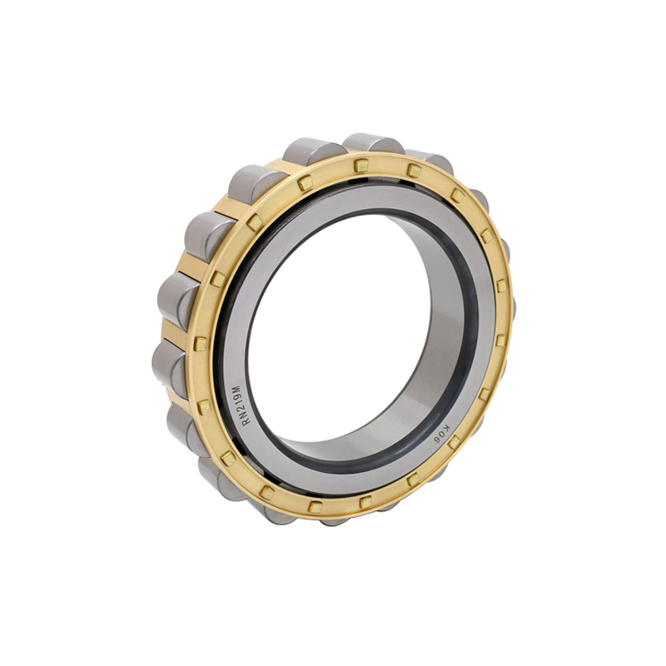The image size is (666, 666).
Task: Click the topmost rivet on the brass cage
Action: point(360,166)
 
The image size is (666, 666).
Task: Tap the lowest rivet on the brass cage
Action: point(364,502)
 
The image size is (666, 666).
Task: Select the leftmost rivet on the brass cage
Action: point(200,343)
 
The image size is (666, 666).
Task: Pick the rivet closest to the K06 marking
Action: point(455,443)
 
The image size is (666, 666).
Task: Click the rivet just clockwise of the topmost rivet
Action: point(414,171)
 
